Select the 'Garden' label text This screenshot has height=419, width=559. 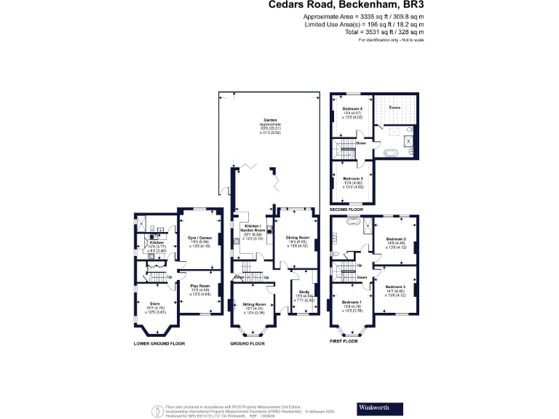coord(269,120)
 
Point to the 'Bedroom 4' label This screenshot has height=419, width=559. coord(352,108)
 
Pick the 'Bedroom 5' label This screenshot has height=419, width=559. coord(352,178)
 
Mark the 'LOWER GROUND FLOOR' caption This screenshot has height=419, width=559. coord(159,343)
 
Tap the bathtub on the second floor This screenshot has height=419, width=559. coord(391,154)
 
